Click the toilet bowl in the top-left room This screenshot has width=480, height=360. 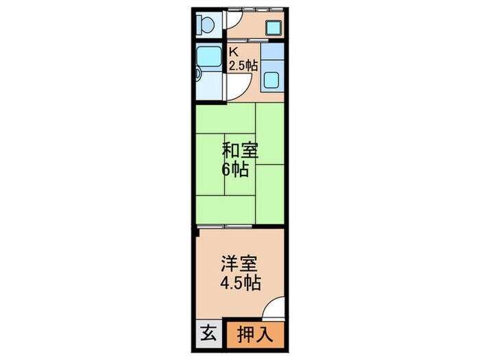tap(206, 25)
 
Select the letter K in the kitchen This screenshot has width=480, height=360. tap(233, 51)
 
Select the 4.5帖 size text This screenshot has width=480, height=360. tap(240, 283)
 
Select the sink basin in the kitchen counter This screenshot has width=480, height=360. tap(272, 81)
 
